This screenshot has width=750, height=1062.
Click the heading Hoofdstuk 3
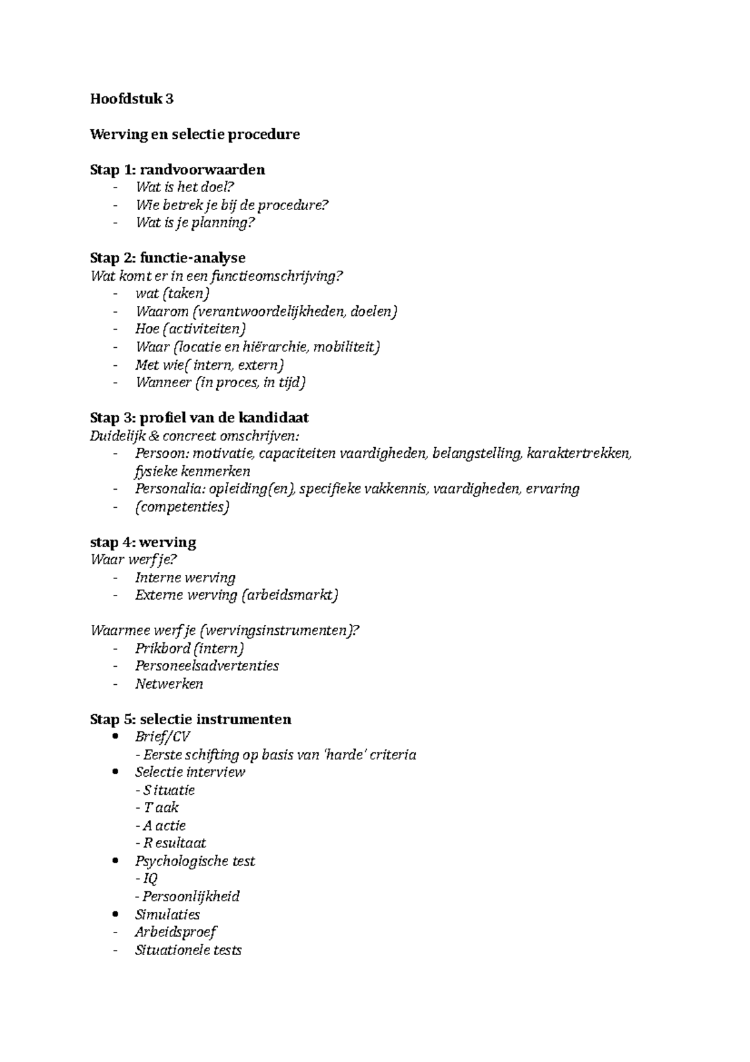[x=132, y=99]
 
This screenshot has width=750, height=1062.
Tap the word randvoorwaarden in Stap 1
[x=202, y=169]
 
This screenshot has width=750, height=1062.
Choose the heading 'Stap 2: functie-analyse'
[x=167, y=258]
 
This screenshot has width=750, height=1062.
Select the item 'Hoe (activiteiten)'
[x=191, y=328]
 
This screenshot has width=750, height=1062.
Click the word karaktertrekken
[x=579, y=453]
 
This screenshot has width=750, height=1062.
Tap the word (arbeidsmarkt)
[x=289, y=595]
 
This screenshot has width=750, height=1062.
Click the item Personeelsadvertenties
[x=207, y=665]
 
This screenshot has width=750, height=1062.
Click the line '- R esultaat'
[x=171, y=843]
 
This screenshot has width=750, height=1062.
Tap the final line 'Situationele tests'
[x=188, y=950]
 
